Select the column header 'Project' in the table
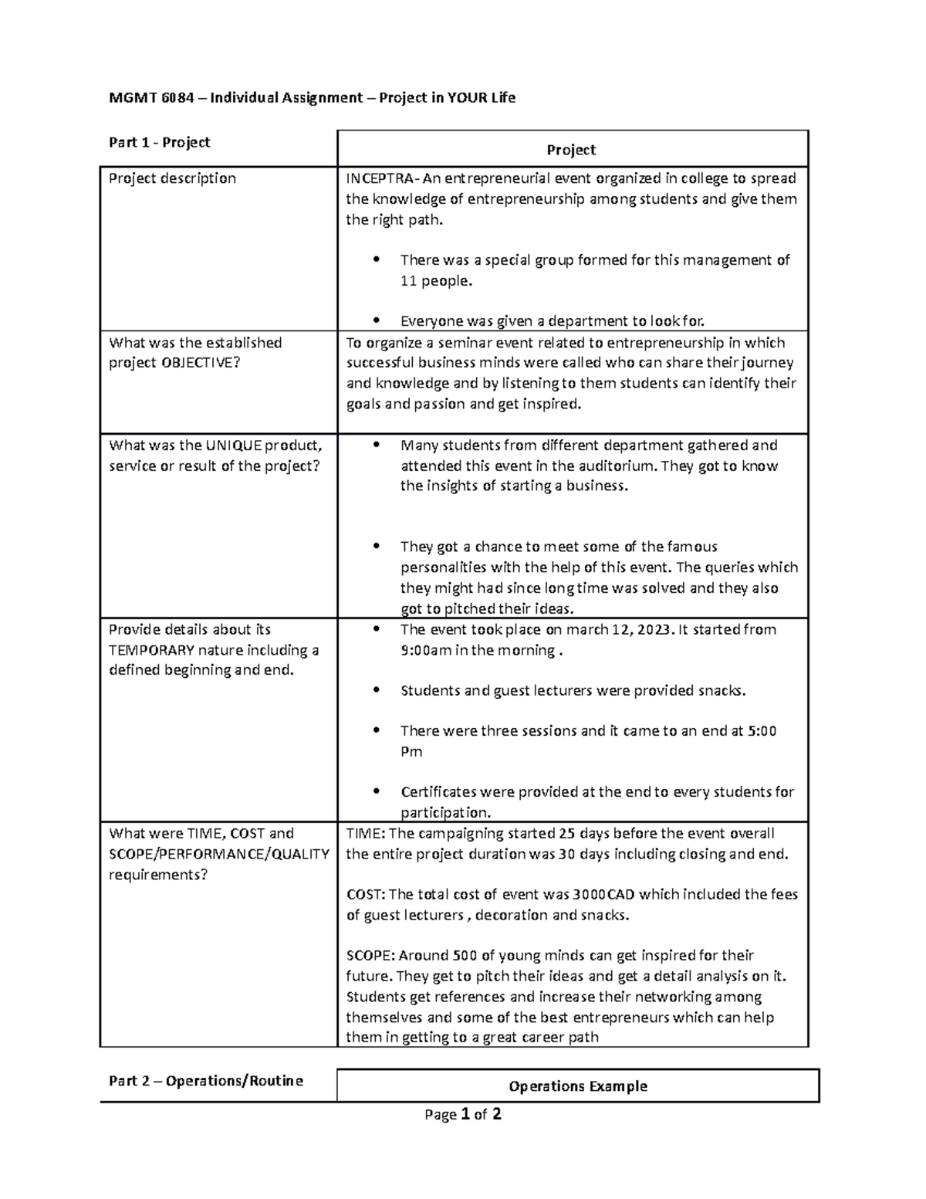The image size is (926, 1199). click(x=571, y=150)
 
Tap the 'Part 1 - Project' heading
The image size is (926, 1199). click(x=160, y=142)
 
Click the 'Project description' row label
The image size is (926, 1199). click(x=173, y=178)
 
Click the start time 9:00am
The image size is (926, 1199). click(x=426, y=650)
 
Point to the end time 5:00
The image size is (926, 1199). click(x=762, y=731)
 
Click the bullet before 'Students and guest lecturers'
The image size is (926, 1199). click(x=377, y=691)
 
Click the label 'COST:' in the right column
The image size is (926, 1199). click(x=365, y=895)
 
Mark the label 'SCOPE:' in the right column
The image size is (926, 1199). click(x=370, y=956)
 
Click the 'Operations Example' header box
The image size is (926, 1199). click(x=577, y=1086)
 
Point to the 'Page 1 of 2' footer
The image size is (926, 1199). click(x=463, y=1114)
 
